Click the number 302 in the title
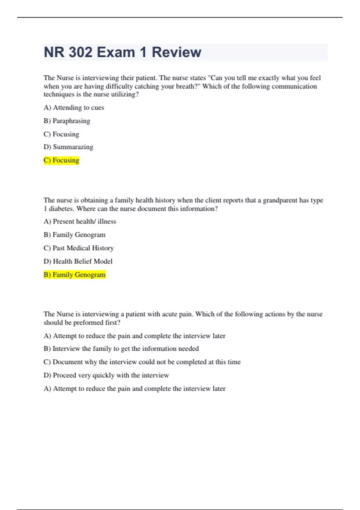pyautogui.click(x=80, y=52)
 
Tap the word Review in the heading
pyautogui.click(x=176, y=52)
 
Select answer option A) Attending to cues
pyautogui.click(x=74, y=107)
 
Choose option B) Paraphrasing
pyautogui.click(x=67, y=121)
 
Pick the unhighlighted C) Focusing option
pyautogui.click(x=61, y=134)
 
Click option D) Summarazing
pyautogui.click(x=68, y=147)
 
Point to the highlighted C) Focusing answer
pyautogui.click(x=61, y=160)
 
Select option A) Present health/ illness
pyautogui.click(x=80, y=221)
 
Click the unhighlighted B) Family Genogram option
pyautogui.click(x=74, y=235)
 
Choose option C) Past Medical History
pyautogui.click(x=79, y=248)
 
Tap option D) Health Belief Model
pyautogui.click(x=78, y=261)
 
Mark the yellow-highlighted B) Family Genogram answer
pyautogui.click(x=75, y=274)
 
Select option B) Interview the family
pyautogui.click(x=121, y=349)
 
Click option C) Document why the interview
pyautogui.click(x=142, y=362)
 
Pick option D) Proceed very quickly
pyautogui.click(x=106, y=375)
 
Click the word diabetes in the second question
pyautogui.click(x=61, y=208)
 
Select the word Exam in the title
pyautogui.click(x=116, y=52)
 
